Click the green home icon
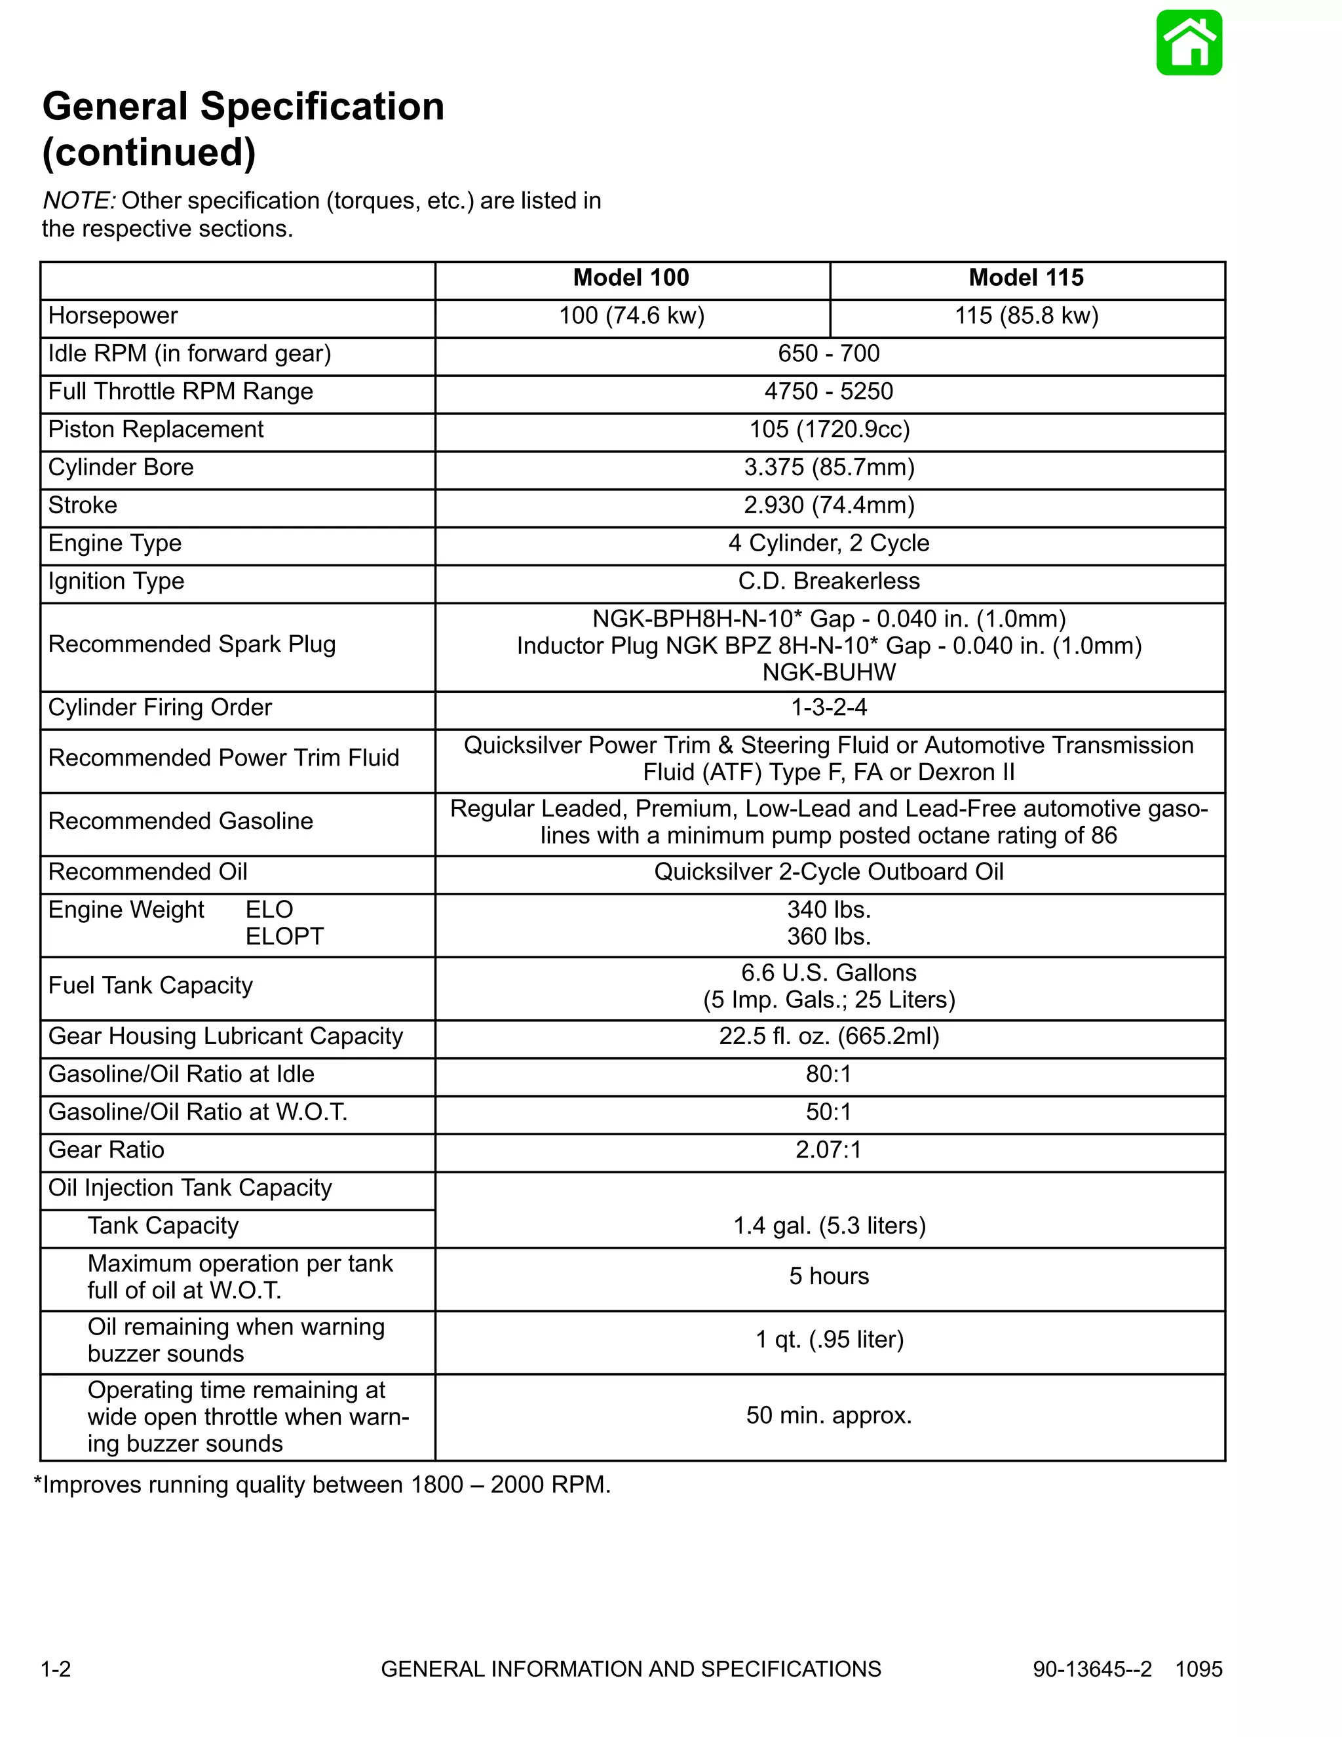pyautogui.click(x=1189, y=43)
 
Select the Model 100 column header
pyautogui.click(x=630, y=277)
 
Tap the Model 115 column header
pyautogui.click(x=1026, y=277)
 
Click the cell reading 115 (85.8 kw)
pyautogui.click(x=1026, y=316)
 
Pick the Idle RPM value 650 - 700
pyautogui.click(x=828, y=353)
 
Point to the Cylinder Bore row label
pyautogui.click(x=121, y=467)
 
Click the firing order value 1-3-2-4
pyautogui.click(x=828, y=707)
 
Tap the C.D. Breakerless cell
pyautogui.click(x=828, y=581)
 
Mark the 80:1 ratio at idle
pyautogui.click(x=828, y=1074)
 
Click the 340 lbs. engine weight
pyautogui.click(x=828, y=909)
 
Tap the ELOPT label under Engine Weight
pyautogui.click(x=284, y=936)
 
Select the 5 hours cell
pyautogui.click(x=828, y=1276)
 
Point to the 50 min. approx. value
pyautogui.click(x=828, y=1415)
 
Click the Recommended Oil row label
pyautogui.click(x=148, y=872)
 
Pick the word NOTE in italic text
pyautogui.click(x=79, y=201)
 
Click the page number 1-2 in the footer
pyautogui.click(x=56, y=1669)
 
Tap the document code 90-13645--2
pyautogui.click(x=1092, y=1669)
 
